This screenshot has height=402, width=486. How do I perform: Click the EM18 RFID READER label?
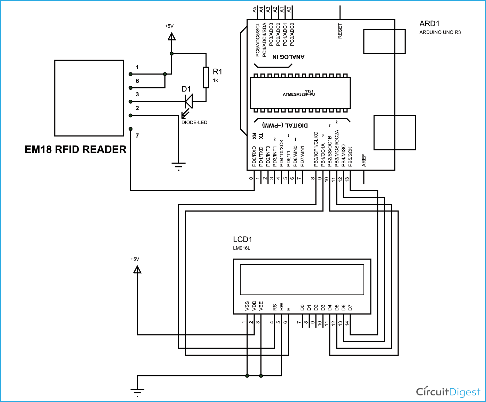pyautogui.click(x=75, y=149)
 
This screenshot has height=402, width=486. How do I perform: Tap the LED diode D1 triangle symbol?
pyautogui.click(x=189, y=102)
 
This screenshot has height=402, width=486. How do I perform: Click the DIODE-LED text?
pyautogui.click(x=194, y=122)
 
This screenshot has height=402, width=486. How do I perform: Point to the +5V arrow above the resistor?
pyautogui.click(x=171, y=36)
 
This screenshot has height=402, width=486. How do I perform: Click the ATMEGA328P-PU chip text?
pyautogui.click(x=299, y=94)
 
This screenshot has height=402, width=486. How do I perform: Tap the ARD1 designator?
pyautogui.click(x=429, y=24)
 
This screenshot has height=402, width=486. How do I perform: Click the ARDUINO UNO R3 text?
pyautogui.click(x=440, y=32)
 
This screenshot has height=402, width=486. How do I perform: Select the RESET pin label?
pyautogui.click(x=340, y=31)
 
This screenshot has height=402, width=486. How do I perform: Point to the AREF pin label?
pyautogui.click(x=364, y=160)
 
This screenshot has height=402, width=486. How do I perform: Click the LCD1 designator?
pyautogui.click(x=242, y=239)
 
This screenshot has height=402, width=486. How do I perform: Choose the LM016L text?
pyautogui.click(x=242, y=248)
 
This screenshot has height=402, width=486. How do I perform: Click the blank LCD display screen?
pyautogui.click(x=302, y=280)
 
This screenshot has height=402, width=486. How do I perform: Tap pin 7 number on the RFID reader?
pyautogui.click(x=137, y=136)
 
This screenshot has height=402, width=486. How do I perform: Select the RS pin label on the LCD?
pyautogui.click(x=275, y=307)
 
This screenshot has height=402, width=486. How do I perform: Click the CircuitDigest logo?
pyautogui.click(x=448, y=392)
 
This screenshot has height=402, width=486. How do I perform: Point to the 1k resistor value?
pyautogui.click(x=216, y=80)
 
